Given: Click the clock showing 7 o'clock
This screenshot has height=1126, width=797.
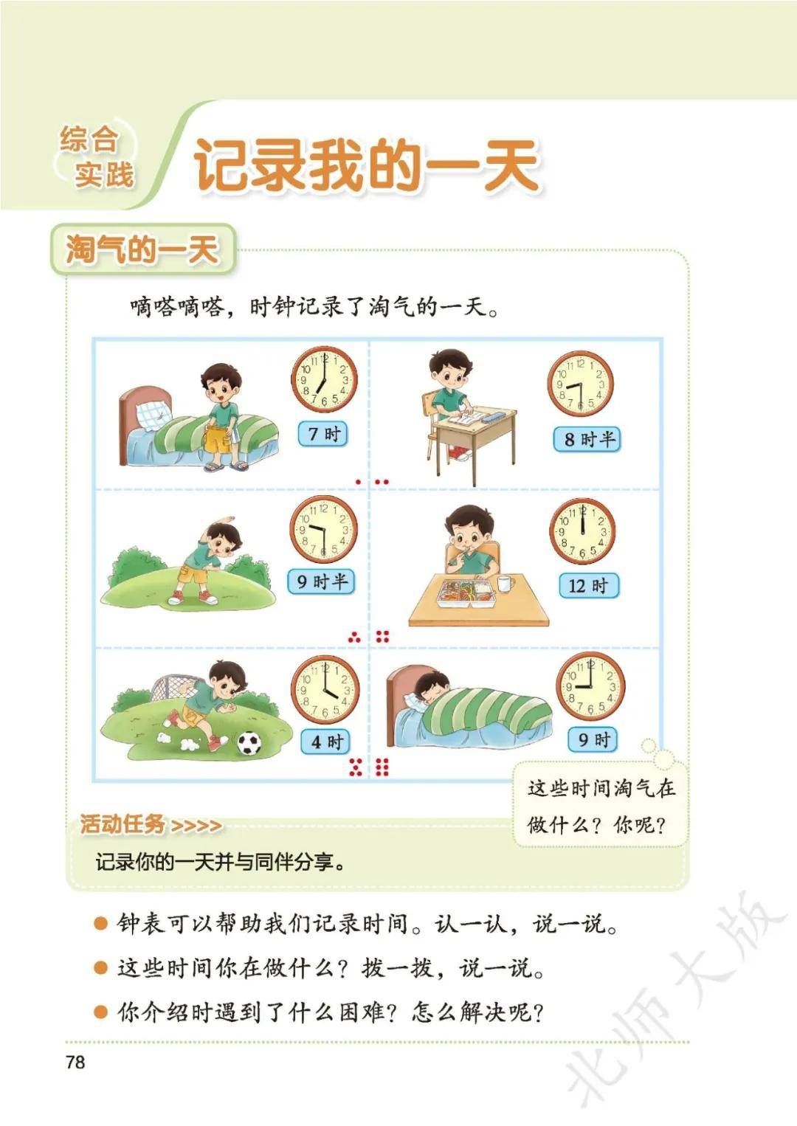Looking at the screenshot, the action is [324, 379].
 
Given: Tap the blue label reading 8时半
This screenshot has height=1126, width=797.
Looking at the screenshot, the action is [587, 439].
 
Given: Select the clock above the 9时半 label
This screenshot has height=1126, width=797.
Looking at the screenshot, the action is [323, 529].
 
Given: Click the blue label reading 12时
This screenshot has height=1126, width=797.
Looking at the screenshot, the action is [589, 586].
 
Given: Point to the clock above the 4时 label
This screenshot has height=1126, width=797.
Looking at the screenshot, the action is [325, 690].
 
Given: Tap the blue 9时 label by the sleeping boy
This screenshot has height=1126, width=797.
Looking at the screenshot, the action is [593, 740].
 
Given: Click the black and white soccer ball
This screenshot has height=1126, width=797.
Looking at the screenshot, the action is [249, 743].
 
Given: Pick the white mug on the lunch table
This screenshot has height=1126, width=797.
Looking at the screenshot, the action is [506, 584].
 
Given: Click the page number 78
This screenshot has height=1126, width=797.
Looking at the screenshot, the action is [75, 1062].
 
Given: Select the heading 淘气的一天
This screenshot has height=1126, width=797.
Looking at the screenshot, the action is [143, 249].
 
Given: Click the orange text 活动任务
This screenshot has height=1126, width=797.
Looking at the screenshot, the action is [123, 824].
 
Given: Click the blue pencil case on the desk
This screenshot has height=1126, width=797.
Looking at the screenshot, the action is [497, 416].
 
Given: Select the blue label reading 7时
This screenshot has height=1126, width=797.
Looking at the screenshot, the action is [322, 434].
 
